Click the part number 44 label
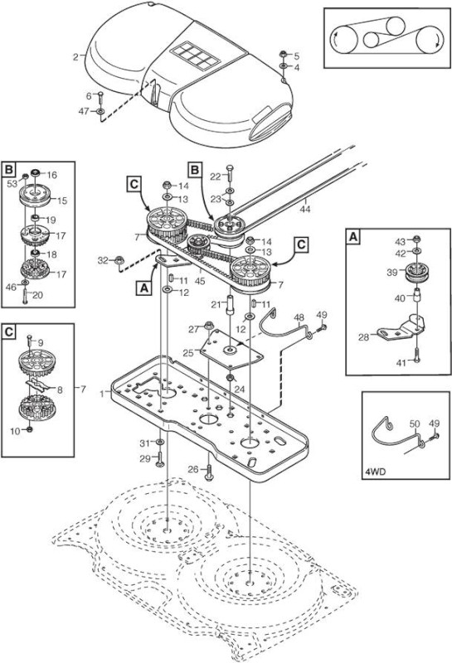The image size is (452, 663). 305,209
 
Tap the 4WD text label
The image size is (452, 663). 375,472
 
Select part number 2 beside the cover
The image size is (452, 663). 75,56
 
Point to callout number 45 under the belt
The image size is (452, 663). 200,280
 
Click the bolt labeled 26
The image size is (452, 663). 209,472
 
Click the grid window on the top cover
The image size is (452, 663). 194,55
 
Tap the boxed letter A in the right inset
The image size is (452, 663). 352,236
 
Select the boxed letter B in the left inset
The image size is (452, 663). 8,170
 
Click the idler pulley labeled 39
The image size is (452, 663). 416,273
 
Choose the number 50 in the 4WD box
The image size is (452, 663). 415,423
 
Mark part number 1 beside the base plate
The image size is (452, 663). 102,394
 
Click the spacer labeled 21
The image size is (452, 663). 231,305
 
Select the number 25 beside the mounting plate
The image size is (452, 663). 188,353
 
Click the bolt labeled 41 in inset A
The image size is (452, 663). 417,356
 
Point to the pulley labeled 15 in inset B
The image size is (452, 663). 35,196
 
